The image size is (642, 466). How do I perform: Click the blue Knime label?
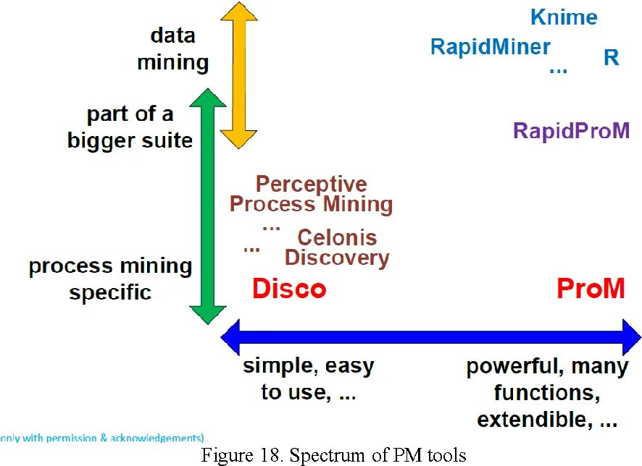(564, 17)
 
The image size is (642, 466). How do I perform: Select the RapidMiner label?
(490, 47)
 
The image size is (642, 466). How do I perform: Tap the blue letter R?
(612, 58)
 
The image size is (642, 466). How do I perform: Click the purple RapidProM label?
(571, 131)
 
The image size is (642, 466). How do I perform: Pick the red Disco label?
(289, 289)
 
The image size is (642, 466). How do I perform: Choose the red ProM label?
(590, 289)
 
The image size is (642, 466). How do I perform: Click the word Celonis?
(337, 237)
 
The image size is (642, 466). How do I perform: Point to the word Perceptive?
(311, 185)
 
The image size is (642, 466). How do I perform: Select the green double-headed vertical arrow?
(208, 206)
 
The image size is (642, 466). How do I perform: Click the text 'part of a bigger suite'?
(130, 127)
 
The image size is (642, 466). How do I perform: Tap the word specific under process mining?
(110, 293)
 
